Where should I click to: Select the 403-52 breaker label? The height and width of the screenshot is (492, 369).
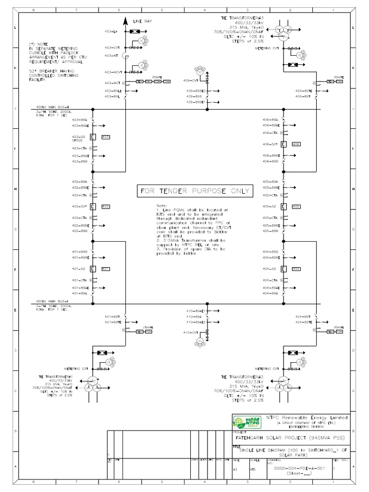click(78, 137)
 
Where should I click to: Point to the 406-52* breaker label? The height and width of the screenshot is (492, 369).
click(271, 144)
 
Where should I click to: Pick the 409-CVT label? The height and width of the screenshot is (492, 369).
click(191, 80)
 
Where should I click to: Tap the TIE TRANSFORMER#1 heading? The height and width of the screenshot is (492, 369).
click(55, 377)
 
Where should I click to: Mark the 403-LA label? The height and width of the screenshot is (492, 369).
click(111, 31)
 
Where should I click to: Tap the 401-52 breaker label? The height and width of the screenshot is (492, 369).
click(78, 269)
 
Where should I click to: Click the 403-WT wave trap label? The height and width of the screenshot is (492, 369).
click(111, 56)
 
